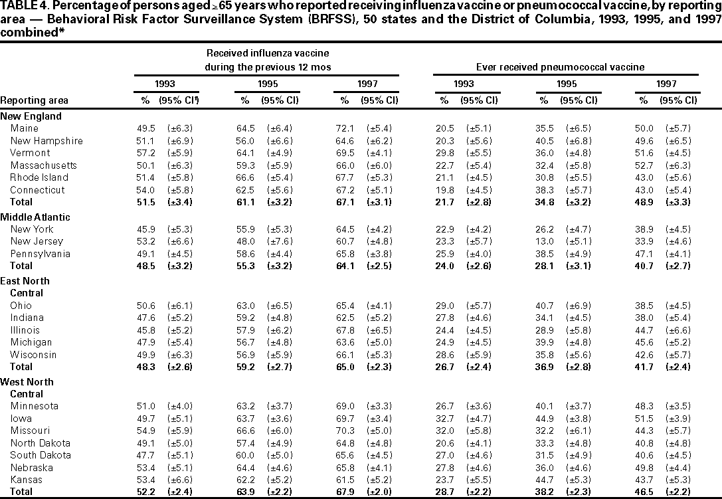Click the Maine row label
pos(24,128)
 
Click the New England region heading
pos(31,116)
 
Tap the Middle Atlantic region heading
pos(35,217)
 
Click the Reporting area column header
pos(34,100)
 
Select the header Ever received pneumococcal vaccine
pos(561,67)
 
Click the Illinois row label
pos(25,330)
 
